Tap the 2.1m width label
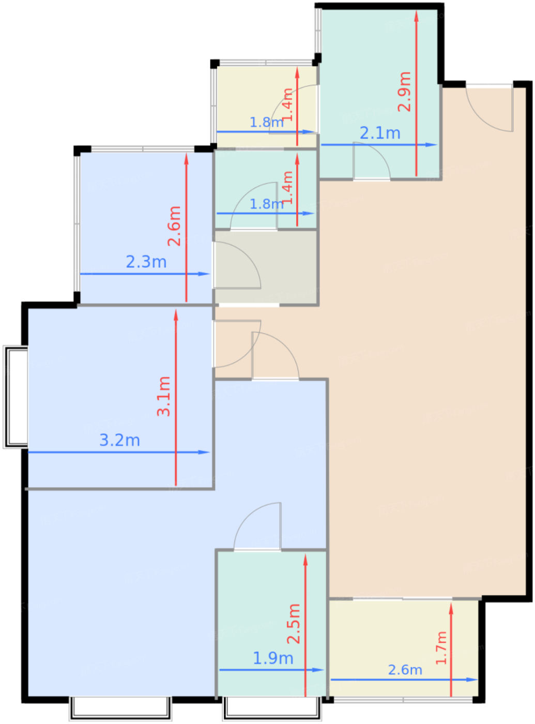click(380, 133)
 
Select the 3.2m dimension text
click(119, 440)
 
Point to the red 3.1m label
click(163, 396)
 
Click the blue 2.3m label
click(146, 262)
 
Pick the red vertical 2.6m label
click(174, 226)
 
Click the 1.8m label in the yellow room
click(266, 123)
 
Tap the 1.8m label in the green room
click(266, 204)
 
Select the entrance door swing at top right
click(488, 109)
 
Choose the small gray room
click(265, 268)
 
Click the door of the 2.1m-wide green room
click(372, 160)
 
